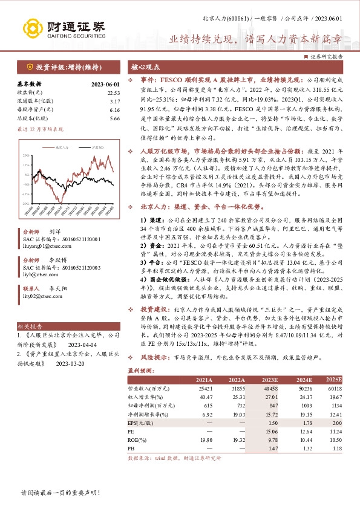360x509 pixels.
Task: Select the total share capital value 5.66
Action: [x=116, y=119]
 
